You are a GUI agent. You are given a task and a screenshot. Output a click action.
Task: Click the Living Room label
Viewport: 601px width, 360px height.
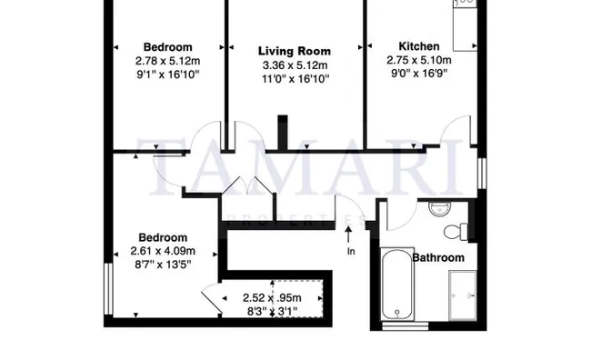[295, 51]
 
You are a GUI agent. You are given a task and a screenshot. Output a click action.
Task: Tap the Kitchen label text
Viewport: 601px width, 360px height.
[419, 46]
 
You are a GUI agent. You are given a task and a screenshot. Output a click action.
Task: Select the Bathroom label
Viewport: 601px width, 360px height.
[438, 257]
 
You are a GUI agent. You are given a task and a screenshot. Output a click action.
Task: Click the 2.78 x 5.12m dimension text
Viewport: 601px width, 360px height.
[167, 61]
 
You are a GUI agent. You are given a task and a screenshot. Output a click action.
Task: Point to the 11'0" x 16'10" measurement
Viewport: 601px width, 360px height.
[295, 79]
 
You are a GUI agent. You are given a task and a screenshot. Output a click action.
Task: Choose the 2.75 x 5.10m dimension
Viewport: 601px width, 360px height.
[419, 60]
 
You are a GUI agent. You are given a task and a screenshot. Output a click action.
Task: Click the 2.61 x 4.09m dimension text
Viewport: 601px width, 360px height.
[163, 251]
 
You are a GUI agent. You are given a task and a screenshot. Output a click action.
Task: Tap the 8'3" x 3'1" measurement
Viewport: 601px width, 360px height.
[272, 311]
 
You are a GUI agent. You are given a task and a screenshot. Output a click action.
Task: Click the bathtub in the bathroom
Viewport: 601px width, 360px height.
[397, 284]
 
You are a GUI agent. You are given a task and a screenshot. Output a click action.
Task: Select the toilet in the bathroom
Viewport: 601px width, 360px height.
[456, 232]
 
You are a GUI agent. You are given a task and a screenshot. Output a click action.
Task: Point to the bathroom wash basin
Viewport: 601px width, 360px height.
[440, 209]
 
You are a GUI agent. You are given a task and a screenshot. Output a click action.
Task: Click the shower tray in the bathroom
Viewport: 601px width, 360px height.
[463, 295]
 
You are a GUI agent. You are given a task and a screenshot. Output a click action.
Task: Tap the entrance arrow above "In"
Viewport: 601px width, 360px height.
[348, 235]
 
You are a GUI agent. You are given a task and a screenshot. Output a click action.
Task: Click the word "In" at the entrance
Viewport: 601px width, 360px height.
[351, 252]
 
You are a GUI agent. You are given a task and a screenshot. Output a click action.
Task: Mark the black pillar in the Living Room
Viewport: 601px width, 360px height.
[283, 132]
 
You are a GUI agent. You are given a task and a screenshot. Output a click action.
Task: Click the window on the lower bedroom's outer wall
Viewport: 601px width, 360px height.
[108, 289]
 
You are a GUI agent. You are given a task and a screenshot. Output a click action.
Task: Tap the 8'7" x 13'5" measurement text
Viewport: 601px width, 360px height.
[163, 265]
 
